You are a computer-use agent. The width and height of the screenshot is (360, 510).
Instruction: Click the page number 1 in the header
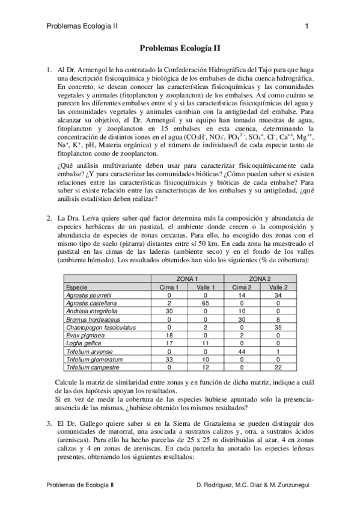tap(307, 26)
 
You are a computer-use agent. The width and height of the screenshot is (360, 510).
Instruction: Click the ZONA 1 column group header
tap(188, 280)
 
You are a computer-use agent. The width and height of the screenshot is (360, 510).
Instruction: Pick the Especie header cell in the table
tap(78, 288)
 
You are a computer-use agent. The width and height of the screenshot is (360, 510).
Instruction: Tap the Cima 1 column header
tap(169, 288)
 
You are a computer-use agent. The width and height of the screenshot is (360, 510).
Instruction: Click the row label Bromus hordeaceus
tap(93, 319)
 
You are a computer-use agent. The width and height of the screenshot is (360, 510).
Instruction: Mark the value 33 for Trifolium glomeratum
tap(169, 358)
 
